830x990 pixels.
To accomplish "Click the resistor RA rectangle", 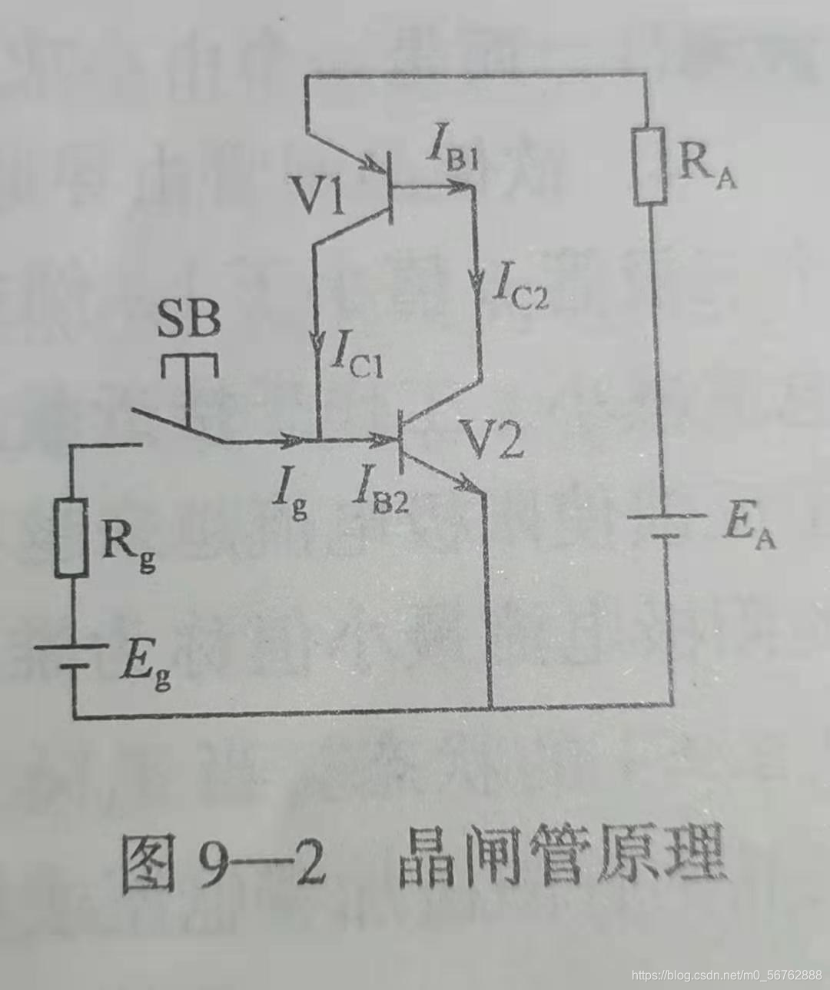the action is (x=649, y=168).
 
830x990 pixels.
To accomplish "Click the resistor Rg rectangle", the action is (x=71, y=538).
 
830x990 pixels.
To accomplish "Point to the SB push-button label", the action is (x=189, y=320).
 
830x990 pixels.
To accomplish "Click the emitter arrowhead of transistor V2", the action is (x=466, y=483).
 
